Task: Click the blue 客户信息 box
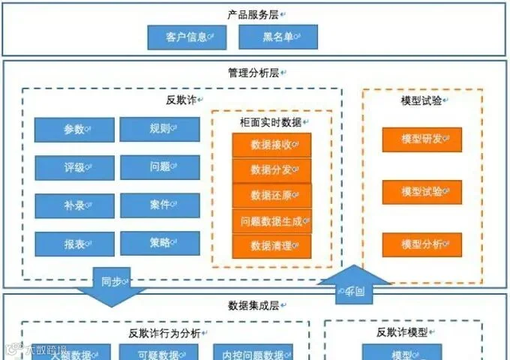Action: pyautogui.click(x=187, y=37)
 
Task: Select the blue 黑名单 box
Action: pyautogui.click(x=278, y=37)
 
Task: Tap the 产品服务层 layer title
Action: pyautogui.click(x=254, y=13)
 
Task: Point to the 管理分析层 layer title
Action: pyautogui.click(x=254, y=73)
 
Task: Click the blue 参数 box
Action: pyautogui.click(x=74, y=130)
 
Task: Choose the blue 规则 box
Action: pyautogui.click(x=160, y=129)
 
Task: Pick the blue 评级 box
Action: pyautogui.click(x=74, y=168)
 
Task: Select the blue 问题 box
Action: pyautogui.click(x=160, y=167)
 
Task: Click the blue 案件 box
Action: pyautogui.click(x=160, y=205)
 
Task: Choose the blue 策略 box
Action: pyautogui.click(x=160, y=244)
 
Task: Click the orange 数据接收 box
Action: pyautogui.click(x=271, y=145)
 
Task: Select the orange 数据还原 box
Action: pyautogui.click(x=271, y=196)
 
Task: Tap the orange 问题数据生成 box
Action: pyautogui.click(x=271, y=221)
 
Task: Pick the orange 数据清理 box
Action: pyautogui.click(x=271, y=246)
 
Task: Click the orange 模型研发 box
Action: pyautogui.click(x=421, y=139)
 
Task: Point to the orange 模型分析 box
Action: pyautogui.click(x=421, y=244)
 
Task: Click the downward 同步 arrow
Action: pyautogui.click(x=112, y=286)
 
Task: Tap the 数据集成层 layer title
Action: pyautogui.click(x=254, y=305)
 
